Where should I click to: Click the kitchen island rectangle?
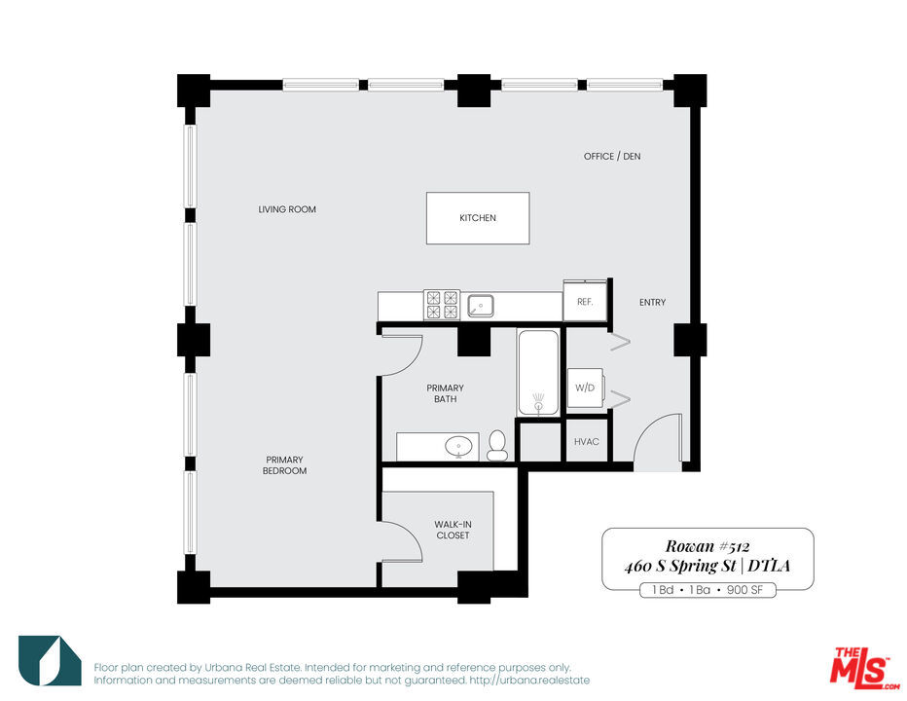click(478, 218)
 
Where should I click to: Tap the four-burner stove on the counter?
click(442, 305)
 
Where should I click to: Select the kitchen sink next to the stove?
click(480, 306)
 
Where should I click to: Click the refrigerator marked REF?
click(585, 301)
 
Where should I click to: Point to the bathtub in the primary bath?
click(538, 372)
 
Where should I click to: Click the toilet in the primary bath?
click(497, 445)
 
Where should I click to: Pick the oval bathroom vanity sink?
click(459, 447)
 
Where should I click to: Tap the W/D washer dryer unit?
click(586, 387)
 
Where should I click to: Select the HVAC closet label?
click(587, 442)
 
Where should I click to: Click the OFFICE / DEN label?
click(612, 157)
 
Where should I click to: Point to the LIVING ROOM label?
click(287, 209)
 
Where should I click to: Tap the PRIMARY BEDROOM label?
click(284, 464)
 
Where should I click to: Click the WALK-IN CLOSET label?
click(453, 530)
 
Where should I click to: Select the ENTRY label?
click(652, 302)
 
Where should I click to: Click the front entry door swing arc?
click(645, 429)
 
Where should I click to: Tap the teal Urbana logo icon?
click(50, 660)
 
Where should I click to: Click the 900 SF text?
click(744, 590)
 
